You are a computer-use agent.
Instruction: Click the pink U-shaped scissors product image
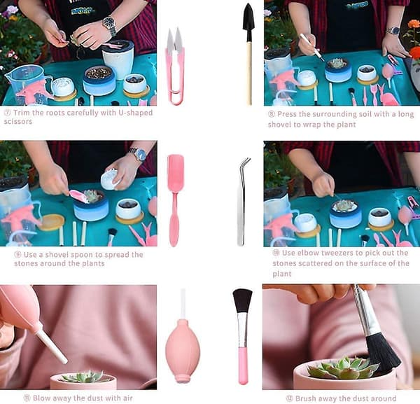(x=174, y=67)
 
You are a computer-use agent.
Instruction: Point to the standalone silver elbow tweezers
(x=242, y=202)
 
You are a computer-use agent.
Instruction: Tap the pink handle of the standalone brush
(x=243, y=365)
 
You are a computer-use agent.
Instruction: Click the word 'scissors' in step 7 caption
(x=18, y=122)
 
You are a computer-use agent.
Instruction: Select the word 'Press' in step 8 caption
(x=287, y=114)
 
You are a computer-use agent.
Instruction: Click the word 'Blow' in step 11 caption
(x=41, y=398)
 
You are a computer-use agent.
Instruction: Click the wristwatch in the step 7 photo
(x=110, y=25)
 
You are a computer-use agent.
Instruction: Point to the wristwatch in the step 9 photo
(x=139, y=154)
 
